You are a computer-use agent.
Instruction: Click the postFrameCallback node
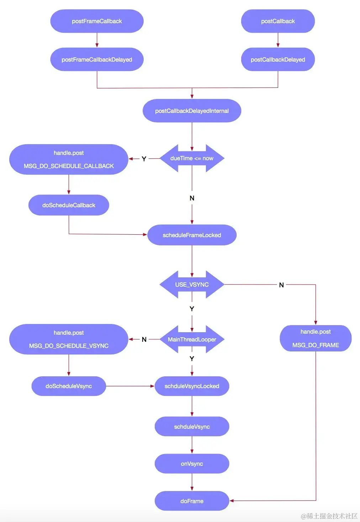point(97,21)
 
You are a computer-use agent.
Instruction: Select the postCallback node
point(278,21)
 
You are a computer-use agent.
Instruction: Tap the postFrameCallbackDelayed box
point(97,59)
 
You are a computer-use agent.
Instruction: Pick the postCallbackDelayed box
point(278,59)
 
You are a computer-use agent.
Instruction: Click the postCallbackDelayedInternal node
point(192,111)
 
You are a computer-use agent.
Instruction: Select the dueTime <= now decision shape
point(192,158)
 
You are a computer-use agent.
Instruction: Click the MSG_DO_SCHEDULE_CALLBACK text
point(69,166)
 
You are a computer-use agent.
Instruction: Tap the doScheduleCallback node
point(69,205)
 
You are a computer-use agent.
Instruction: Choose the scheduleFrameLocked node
point(192,235)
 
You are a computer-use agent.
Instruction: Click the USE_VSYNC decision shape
point(192,285)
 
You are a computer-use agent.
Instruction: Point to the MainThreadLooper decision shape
point(192,339)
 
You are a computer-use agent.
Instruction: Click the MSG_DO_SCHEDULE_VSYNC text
point(69,346)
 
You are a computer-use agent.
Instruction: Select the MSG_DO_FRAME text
point(316,345)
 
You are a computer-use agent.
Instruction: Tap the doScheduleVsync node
point(69,386)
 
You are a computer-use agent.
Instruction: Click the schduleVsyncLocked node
point(192,386)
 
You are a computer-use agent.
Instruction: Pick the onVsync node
point(192,464)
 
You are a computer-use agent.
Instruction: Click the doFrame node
point(192,501)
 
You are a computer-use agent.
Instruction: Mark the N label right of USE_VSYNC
point(281,285)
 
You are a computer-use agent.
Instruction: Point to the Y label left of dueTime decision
point(144,159)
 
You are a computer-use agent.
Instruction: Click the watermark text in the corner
point(329,516)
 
